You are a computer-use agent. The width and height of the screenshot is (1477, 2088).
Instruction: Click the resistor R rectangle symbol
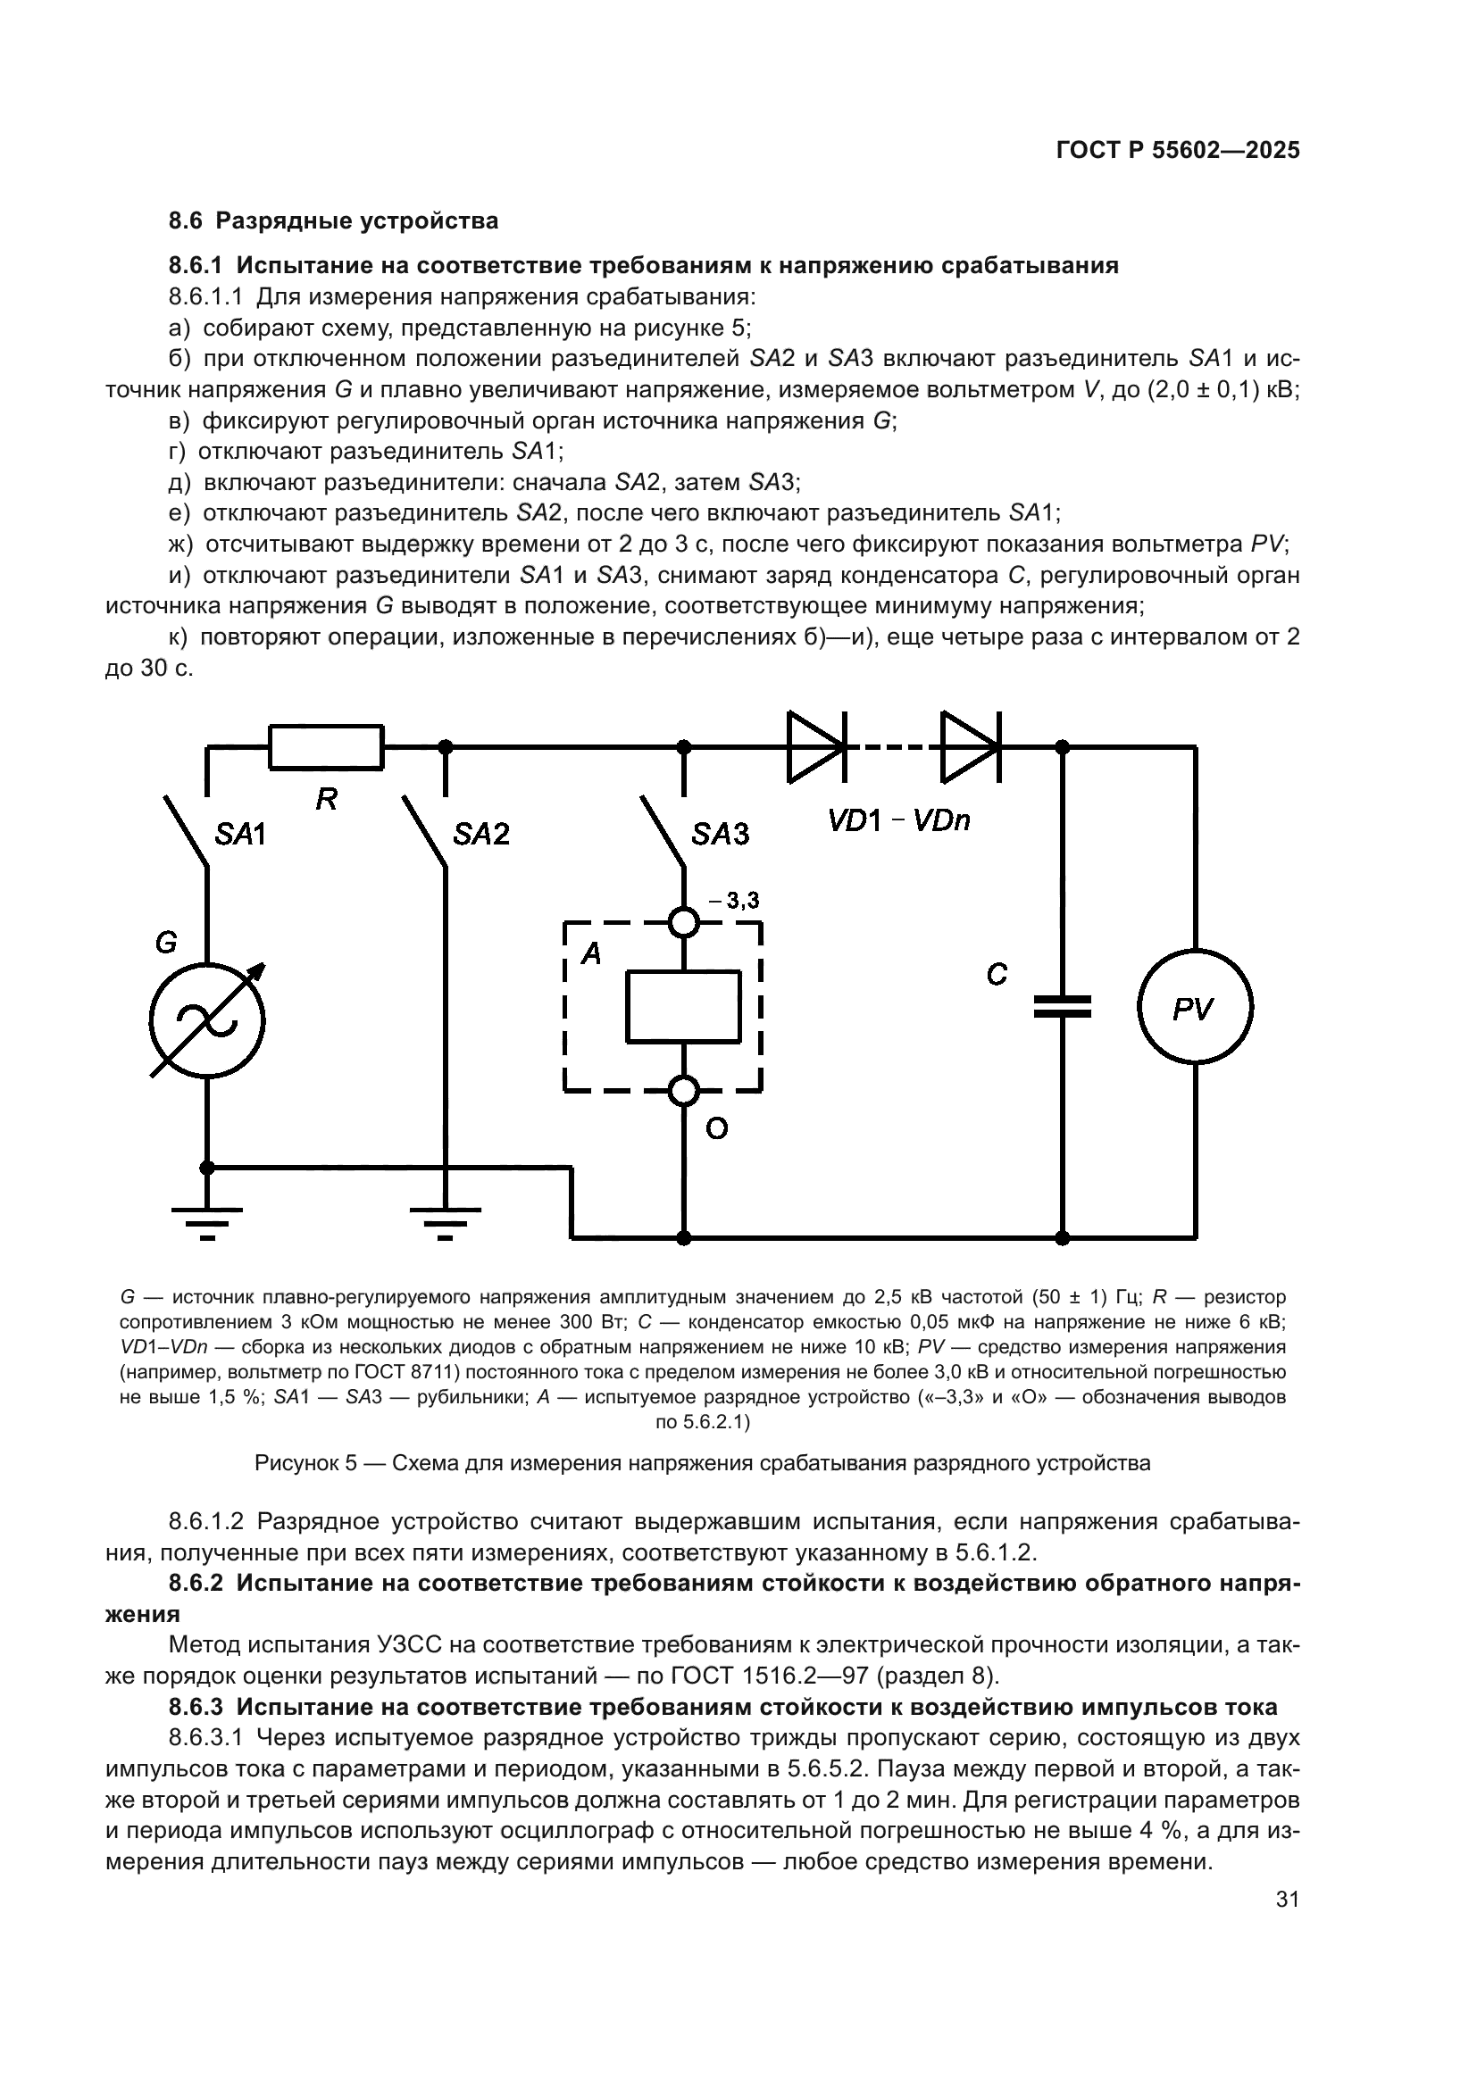pos(326,746)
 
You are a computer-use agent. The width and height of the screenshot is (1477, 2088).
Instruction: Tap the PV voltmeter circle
pos(1195,1007)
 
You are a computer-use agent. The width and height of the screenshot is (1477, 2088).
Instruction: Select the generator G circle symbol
pos(207,1021)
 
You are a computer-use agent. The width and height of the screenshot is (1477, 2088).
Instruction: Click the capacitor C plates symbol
pos(1062,1006)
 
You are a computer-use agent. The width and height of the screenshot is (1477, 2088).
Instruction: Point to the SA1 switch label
pos(240,834)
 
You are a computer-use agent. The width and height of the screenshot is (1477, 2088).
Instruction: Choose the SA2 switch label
pos(481,834)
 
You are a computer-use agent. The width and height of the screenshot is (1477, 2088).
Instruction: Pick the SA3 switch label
pos(721,834)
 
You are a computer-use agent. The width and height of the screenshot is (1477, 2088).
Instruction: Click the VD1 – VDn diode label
pos(898,821)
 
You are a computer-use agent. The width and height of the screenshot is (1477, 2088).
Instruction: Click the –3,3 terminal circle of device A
pos(684,923)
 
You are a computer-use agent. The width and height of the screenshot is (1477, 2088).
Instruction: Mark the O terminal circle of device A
pos(684,1090)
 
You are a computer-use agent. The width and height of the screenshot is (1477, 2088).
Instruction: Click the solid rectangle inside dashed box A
pos(683,1006)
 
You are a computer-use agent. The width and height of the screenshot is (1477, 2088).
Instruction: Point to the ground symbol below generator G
pos(207,1219)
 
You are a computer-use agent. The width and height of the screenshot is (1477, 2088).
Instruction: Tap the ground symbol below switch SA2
pos(445,1219)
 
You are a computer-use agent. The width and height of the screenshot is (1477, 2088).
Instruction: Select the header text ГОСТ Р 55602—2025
pos(1178,151)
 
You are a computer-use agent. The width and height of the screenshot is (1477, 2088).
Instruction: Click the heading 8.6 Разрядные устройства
pos(334,221)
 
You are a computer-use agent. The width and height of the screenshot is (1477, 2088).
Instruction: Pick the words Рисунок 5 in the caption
pos(305,1463)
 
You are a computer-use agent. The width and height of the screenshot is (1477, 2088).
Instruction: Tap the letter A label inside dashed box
pos(591,953)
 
